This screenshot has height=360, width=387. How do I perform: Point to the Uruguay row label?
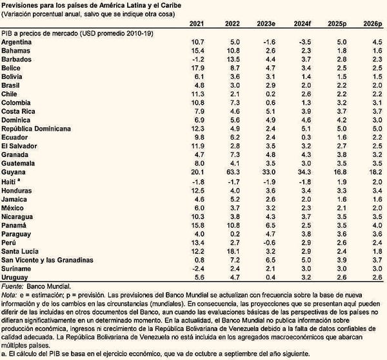coord(17,277)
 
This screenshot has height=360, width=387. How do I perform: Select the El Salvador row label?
coord(22,147)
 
